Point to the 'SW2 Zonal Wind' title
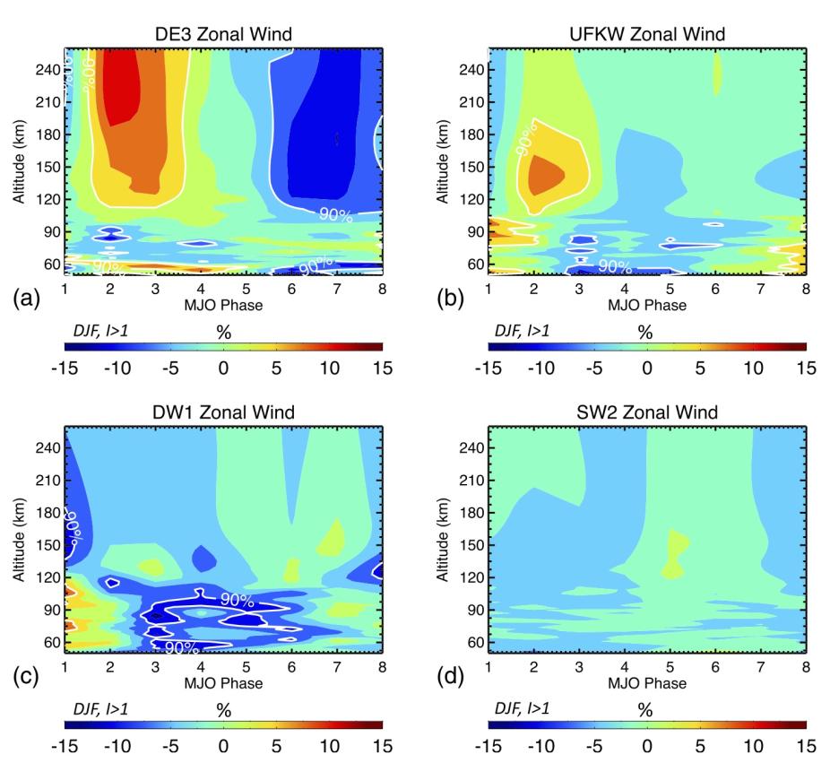coord(647,412)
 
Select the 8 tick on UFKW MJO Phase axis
coord(806,290)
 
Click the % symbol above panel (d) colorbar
coord(645,710)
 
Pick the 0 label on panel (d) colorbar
coord(646,744)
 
